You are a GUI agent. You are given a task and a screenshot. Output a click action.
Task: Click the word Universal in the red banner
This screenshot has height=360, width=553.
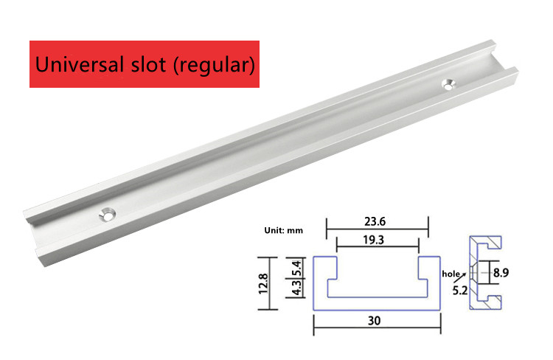(x=80, y=64)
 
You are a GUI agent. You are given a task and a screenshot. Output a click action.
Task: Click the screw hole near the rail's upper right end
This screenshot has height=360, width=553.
(x=448, y=84)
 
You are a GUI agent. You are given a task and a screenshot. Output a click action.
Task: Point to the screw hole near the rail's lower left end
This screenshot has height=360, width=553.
(x=108, y=215)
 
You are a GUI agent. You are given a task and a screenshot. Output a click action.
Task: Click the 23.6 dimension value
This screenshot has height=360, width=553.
(x=375, y=221)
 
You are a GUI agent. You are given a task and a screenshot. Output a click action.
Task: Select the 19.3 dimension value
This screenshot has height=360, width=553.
(x=374, y=240)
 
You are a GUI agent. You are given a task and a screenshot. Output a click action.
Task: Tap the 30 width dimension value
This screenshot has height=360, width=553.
(x=374, y=320)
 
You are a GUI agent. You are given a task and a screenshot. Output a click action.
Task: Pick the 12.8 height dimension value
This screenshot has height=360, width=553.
(x=263, y=283)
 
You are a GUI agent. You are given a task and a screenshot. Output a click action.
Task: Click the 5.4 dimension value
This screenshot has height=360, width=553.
(x=296, y=269)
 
